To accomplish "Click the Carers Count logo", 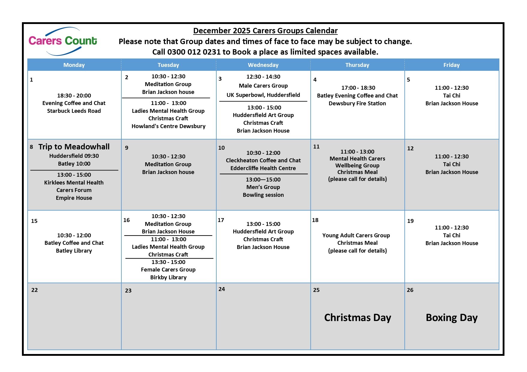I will point(63,41).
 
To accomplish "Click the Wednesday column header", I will point(263,65).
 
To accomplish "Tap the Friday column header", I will point(451,65).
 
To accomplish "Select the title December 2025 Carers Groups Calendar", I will point(265,31).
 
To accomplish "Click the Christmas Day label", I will point(358,317).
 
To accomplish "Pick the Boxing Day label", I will point(452,317).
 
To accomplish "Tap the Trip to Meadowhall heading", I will point(74,147).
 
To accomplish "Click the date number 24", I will point(222,289).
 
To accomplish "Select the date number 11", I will point(316,147).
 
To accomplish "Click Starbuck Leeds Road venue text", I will point(74,111).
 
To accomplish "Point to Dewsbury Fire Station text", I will point(357,103).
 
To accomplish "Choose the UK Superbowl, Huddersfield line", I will point(263,95).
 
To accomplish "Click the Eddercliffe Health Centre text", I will point(263,168).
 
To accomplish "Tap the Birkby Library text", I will point(168,277).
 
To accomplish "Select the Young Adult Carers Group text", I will point(356,235).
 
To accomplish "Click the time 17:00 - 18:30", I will point(358,88).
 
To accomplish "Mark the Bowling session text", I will point(263,195).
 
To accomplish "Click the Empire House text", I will point(74,198).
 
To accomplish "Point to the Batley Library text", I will point(74,251).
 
